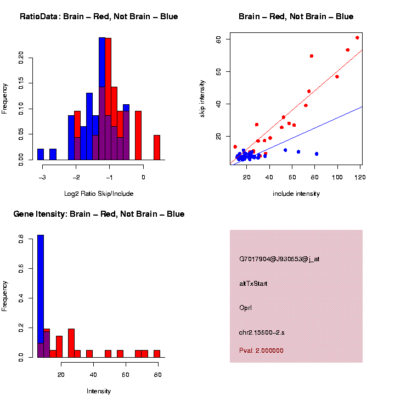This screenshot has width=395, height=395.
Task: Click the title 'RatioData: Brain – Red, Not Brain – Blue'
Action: pos(99,17)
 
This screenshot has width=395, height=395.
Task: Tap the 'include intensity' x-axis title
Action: pos(296,194)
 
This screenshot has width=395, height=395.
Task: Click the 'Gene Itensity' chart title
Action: pos(99,214)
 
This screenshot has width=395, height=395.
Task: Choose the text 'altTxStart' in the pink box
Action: pos(253,284)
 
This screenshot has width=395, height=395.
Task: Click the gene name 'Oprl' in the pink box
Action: pos(245,308)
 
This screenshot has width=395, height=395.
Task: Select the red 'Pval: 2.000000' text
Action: pos(261,350)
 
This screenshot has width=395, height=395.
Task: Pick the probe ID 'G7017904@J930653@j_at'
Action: pos(279,259)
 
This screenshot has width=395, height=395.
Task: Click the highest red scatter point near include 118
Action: pos(357,38)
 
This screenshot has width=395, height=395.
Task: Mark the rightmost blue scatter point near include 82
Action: pos(317,154)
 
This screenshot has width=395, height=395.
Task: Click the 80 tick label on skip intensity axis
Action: pos(218,39)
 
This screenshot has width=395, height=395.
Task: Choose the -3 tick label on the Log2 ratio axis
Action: pos(42,177)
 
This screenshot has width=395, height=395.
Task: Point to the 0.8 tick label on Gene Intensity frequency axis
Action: pos(21,240)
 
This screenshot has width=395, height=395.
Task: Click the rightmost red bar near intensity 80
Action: pos(157,353)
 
